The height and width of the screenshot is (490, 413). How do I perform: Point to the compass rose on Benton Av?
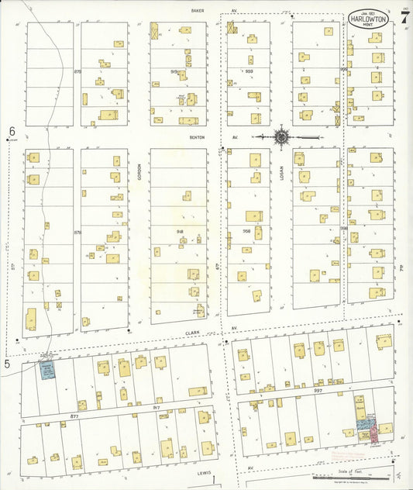click(281, 137)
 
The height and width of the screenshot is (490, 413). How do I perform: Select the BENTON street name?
click(195, 136)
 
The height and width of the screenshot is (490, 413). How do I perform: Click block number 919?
click(174, 71)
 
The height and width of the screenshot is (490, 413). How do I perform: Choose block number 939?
click(249, 71)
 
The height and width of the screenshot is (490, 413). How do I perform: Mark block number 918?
click(180, 231)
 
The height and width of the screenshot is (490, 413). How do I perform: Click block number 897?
click(318, 391)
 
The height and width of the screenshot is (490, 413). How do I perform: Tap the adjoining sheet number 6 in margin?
click(12, 132)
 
